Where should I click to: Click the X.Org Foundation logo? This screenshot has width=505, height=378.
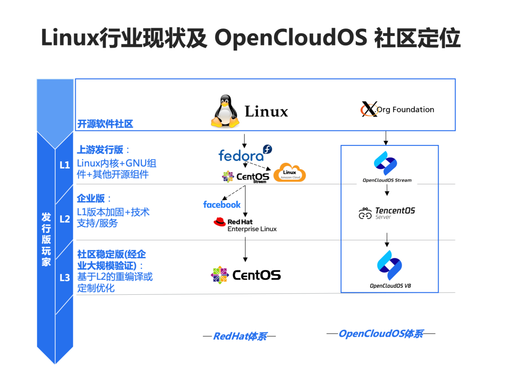pyautogui.click(x=397, y=109)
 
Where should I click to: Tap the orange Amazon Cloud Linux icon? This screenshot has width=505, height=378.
pyautogui.click(x=289, y=173)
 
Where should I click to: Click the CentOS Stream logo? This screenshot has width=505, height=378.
pyautogui.click(x=245, y=177)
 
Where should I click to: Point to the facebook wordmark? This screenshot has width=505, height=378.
pyautogui.click(x=222, y=204)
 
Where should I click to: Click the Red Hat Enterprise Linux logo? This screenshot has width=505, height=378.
pyautogui.click(x=245, y=225)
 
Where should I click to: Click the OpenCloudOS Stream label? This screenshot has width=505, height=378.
pyautogui.click(x=387, y=180)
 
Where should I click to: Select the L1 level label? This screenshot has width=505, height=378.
pyautogui.click(x=65, y=165)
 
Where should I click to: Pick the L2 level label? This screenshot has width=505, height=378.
pyautogui.click(x=65, y=218)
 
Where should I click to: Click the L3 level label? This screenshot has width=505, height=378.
pyautogui.click(x=65, y=278)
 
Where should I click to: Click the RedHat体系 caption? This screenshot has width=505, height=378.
pyautogui.click(x=239, y=336)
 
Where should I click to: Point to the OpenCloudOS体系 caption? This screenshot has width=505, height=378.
pyautogui.click(x=381, y=334)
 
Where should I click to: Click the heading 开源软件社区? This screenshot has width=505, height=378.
pyautogui.click(x=105, y=124)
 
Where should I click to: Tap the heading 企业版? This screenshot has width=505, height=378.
pyautogui.click(x=91, y=198)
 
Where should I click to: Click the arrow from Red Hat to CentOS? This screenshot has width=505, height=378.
pyautogui.click(x=245, y=249)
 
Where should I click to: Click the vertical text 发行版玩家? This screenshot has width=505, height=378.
pyautogui.click(x=46, y=239)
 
